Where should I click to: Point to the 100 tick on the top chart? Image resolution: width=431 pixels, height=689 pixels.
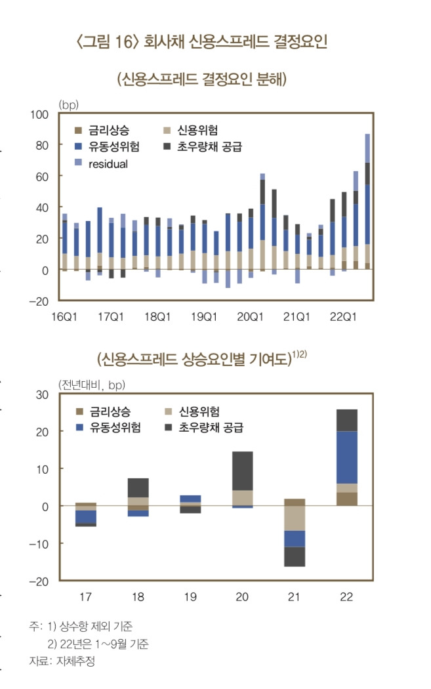[40, 114]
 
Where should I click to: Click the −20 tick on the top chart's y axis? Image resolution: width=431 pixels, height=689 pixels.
[39, 301]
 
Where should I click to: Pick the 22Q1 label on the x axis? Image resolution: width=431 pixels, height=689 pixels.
[342, 317]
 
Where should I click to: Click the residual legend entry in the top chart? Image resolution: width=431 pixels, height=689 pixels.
[109, 164]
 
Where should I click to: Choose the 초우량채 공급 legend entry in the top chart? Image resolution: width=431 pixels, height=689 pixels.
[210, 147]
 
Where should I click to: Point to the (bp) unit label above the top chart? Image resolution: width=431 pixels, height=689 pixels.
[68, 104]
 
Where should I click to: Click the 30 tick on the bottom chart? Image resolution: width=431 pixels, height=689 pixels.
[43, 394]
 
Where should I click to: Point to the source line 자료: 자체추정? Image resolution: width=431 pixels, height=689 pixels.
[62, 661]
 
